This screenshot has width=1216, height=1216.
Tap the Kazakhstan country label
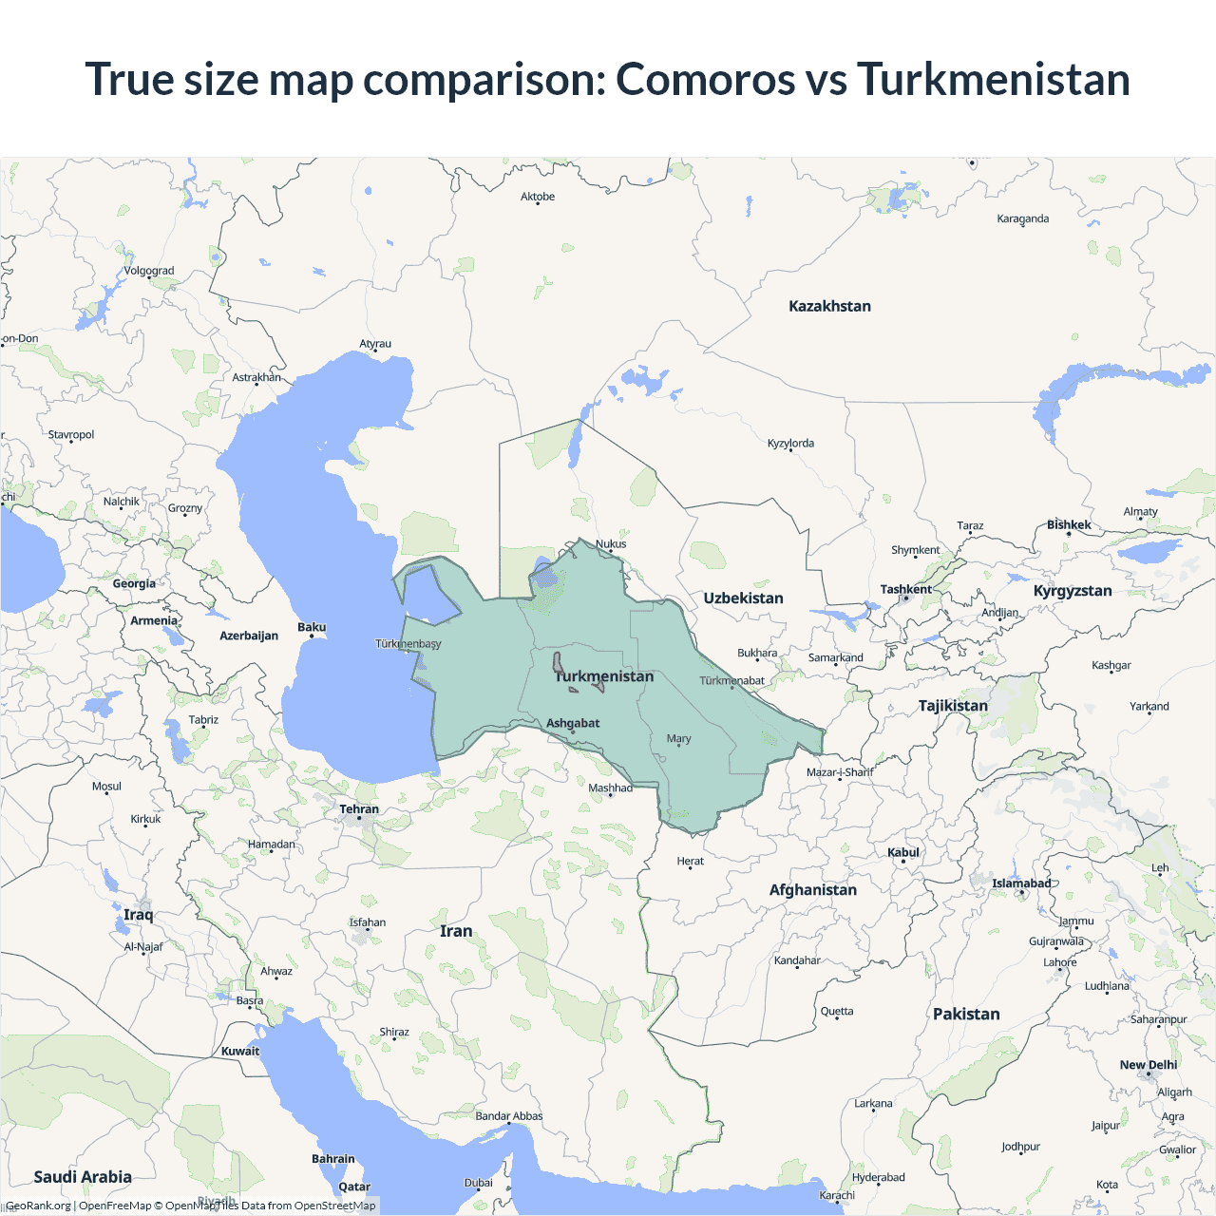(x=829, y=306)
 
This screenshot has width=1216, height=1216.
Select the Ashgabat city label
(x=573, y=723)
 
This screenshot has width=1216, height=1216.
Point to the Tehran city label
(x=359, y=809)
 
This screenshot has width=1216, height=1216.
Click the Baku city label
(x=312, y=627)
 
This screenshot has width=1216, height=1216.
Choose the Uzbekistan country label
(x=743, y=598)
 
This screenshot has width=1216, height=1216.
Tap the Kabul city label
(x=903, y=852)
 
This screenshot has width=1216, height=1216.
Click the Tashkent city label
(x=905, y=589)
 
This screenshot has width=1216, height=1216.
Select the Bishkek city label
(x=1069, y=524)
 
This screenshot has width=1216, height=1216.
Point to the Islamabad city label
(x=1021, y=883)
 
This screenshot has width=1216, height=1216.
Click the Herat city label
(x=691, y=861)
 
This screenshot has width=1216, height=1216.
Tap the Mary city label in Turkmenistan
(x=678, y=738)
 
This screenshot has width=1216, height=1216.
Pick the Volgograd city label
(x=149, y=271)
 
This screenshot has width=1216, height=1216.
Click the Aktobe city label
(x=538, y=197)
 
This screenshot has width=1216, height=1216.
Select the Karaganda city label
(x=1023, y=218)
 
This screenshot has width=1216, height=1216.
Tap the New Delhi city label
(x=1149, y=1065)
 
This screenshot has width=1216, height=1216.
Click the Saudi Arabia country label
(x=83, y=1176)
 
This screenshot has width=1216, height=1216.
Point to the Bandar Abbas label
(x=509, y=1116)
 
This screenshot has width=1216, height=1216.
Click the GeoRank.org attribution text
(x=38, y=1206)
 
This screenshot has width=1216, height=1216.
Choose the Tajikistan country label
(x=953, y=705)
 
